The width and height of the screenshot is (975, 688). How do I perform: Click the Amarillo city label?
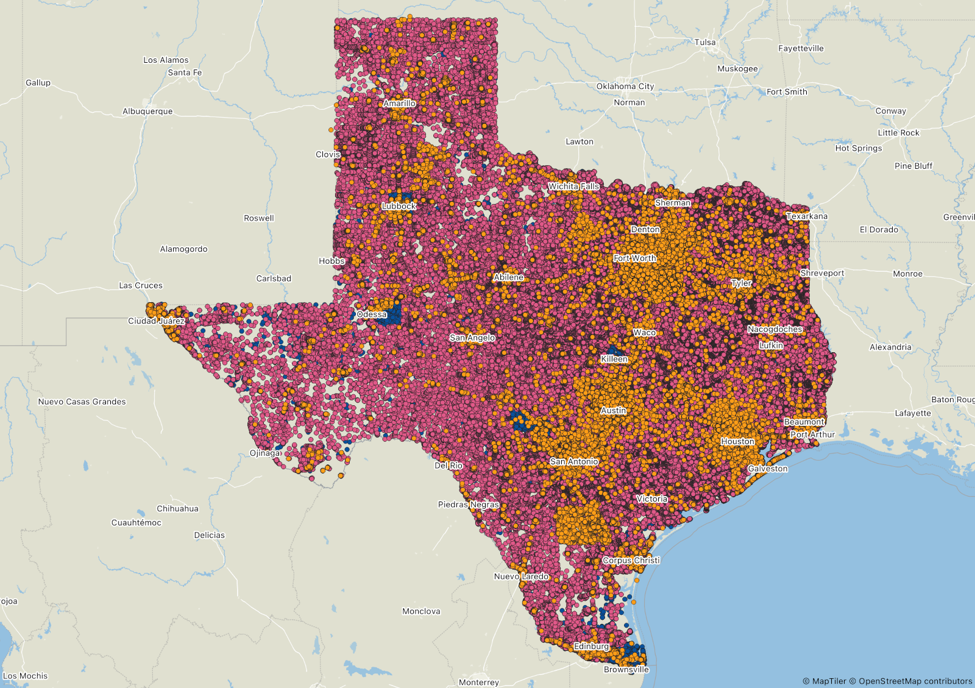pyautogui.click(x=399, y=104)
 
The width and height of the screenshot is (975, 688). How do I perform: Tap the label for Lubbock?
pyautogui.click(x=399, y=206)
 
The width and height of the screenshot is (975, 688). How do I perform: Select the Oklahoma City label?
pyautogui.click(x=625, y=87)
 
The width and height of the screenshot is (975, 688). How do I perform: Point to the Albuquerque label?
pyautogui.click(x=147, y=112)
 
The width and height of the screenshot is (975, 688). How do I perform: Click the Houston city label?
pyautogui.click(x=737, y=441)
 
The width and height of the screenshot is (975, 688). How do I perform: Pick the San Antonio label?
pyautogui.click(x=574, y=461)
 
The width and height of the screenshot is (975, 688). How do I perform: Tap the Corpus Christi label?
pyautogui.click(x=631, y=560)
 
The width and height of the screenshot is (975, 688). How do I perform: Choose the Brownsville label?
pyautogui.click(x=626, y=669)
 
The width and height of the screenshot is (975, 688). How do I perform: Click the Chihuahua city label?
pyautogui.click(x=177, y=509)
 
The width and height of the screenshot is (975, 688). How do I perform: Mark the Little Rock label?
pyautogui.click(x=898, y=133)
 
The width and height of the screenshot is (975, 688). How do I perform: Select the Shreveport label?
pyautogui.click(x=822, y=273)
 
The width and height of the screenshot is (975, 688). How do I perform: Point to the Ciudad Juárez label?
pyautogui.click(x=156, y=321)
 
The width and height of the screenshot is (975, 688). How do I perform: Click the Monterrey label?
pyautogui.click(x=478, y=683)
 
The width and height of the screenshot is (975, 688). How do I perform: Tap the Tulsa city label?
pyautogui.click(x=705, y=42)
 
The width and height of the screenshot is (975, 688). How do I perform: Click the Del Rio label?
pyautogui.click(x=448, y=465)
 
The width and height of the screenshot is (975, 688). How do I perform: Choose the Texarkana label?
pyautogui.click(x=807, y=216)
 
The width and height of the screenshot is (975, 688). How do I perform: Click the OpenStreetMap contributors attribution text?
pyautogui.click(x=915, y=681)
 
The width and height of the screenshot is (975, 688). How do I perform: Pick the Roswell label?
pyautogui.click(x=259, y=218)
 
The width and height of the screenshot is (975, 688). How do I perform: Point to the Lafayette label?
pyautogui.click(x=912, y=413)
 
